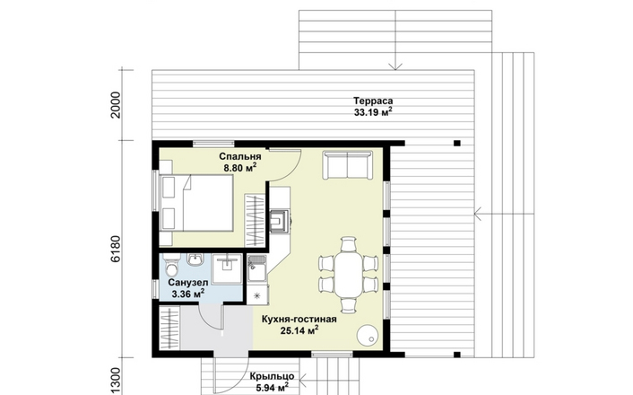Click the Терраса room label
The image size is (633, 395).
(373, 101)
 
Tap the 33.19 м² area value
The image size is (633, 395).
(373, 112)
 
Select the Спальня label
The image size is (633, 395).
(240, 156)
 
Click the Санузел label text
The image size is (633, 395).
(188, 282)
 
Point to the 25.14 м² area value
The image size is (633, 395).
(299, 331)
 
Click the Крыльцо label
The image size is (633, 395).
(272, 376)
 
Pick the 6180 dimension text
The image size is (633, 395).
(116, 250)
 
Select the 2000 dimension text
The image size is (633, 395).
(116, 105)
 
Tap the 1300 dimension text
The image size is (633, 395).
(116, 381)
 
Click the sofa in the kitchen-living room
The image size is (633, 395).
(348, 165)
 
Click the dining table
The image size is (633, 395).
(349, 274)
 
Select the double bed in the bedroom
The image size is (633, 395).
(196, 203)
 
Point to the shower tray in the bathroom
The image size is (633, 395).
(227, 268)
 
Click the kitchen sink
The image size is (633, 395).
(256, 268)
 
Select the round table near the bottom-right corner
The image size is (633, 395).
(368, 335)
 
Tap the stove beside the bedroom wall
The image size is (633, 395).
(280, 221)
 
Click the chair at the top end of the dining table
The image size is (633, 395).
(349, 244)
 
